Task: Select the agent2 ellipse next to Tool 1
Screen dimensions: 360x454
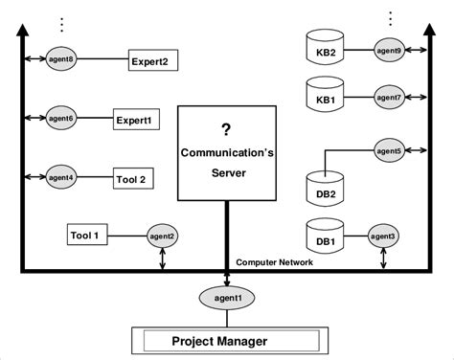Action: (161, 236)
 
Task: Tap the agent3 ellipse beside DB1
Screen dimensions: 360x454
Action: (383, 236)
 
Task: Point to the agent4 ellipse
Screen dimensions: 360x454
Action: (61, 177)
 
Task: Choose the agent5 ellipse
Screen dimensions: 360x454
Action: (388, 150)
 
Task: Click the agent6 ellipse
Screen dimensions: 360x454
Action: (61, 119)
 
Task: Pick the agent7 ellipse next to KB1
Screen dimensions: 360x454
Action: (389, 97)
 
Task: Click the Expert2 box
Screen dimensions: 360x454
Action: (155, 62)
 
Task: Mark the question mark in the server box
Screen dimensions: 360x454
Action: (226, 129)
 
